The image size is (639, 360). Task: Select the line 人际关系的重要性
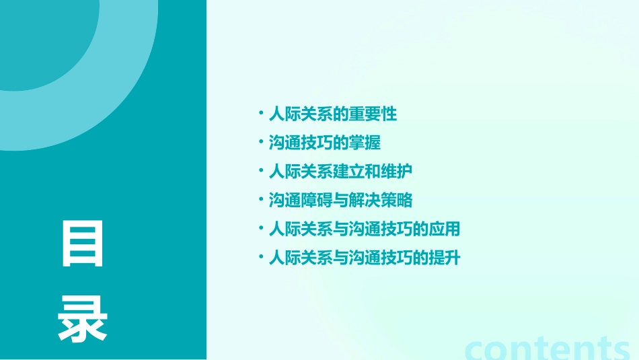(x=333, y=114)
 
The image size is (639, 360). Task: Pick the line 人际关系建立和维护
(x=340, y=171)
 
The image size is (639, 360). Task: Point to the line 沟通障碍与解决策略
(x=340, y=200)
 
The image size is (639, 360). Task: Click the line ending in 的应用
(x=364, y=229)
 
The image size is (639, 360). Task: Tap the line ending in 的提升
(x=364, y=258)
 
